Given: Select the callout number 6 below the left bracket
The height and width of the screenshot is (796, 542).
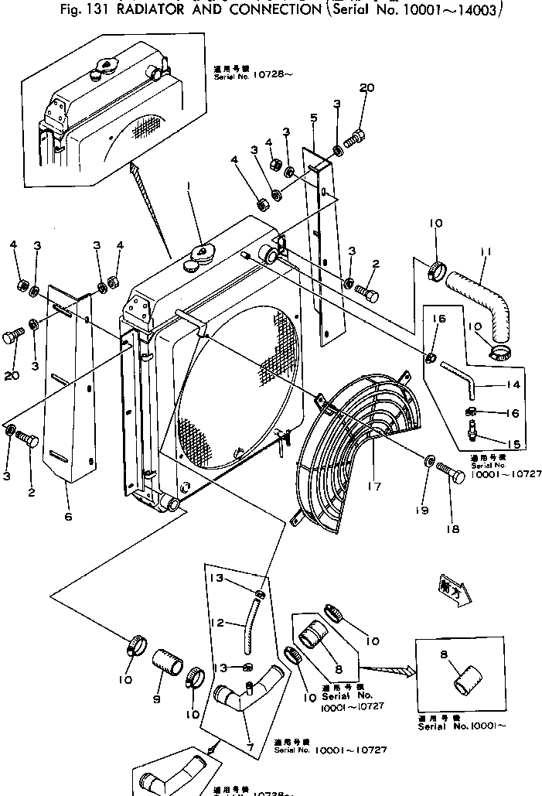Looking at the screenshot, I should [68, 516].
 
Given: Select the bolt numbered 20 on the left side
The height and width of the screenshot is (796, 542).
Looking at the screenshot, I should [13, 337].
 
